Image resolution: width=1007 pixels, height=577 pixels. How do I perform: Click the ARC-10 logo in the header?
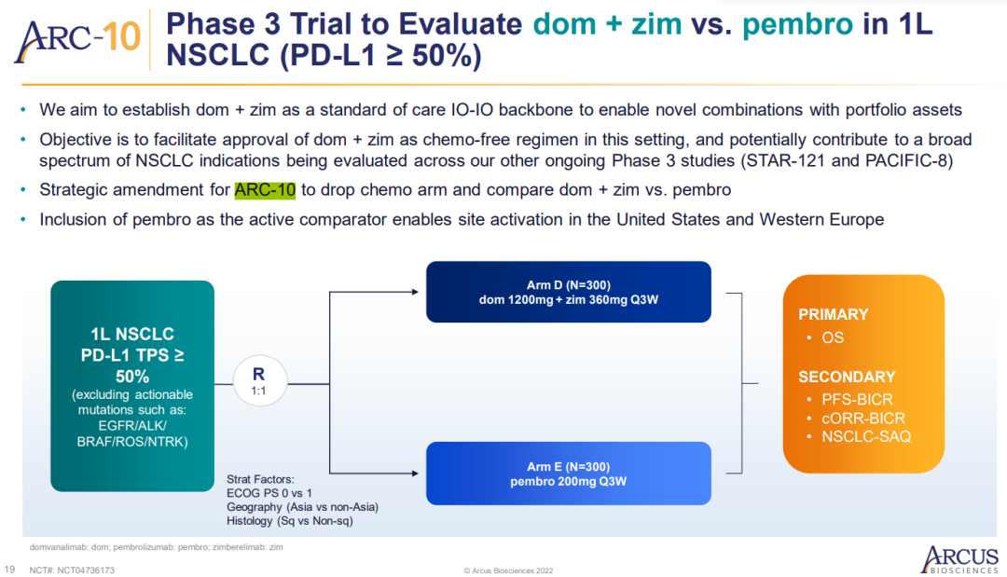[77, 40]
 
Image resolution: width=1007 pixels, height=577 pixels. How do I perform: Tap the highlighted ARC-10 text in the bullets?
[265, 190]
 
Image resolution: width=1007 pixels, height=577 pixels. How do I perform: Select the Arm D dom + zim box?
[569, 292]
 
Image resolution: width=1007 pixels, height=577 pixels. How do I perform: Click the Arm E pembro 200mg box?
[569, 474]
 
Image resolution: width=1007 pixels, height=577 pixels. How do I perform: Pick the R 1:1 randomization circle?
[259, 381]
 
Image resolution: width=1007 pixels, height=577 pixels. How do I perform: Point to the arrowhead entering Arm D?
[415, 292]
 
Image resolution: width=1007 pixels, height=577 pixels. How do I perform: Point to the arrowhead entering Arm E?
[415, 474]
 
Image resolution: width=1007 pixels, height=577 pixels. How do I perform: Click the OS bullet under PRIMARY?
[833, 337]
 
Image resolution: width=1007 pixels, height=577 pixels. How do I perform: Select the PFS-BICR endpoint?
[858, 399]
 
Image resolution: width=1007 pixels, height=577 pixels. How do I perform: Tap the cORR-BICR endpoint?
[863, 419]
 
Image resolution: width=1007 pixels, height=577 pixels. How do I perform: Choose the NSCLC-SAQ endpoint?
[866, 436]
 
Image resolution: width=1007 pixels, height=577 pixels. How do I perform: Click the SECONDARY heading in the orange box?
[847, 377]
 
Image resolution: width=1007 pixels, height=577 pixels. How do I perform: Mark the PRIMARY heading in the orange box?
[833, 314]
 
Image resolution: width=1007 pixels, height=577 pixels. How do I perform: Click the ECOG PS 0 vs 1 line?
[269, 493]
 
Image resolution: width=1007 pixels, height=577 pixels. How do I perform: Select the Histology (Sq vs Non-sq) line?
[290, 520]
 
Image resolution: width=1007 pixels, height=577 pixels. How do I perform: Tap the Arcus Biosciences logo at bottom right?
[959, 559]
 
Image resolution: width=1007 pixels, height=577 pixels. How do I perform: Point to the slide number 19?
[9, 570]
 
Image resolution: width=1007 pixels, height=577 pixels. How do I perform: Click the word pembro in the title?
[797, 25]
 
